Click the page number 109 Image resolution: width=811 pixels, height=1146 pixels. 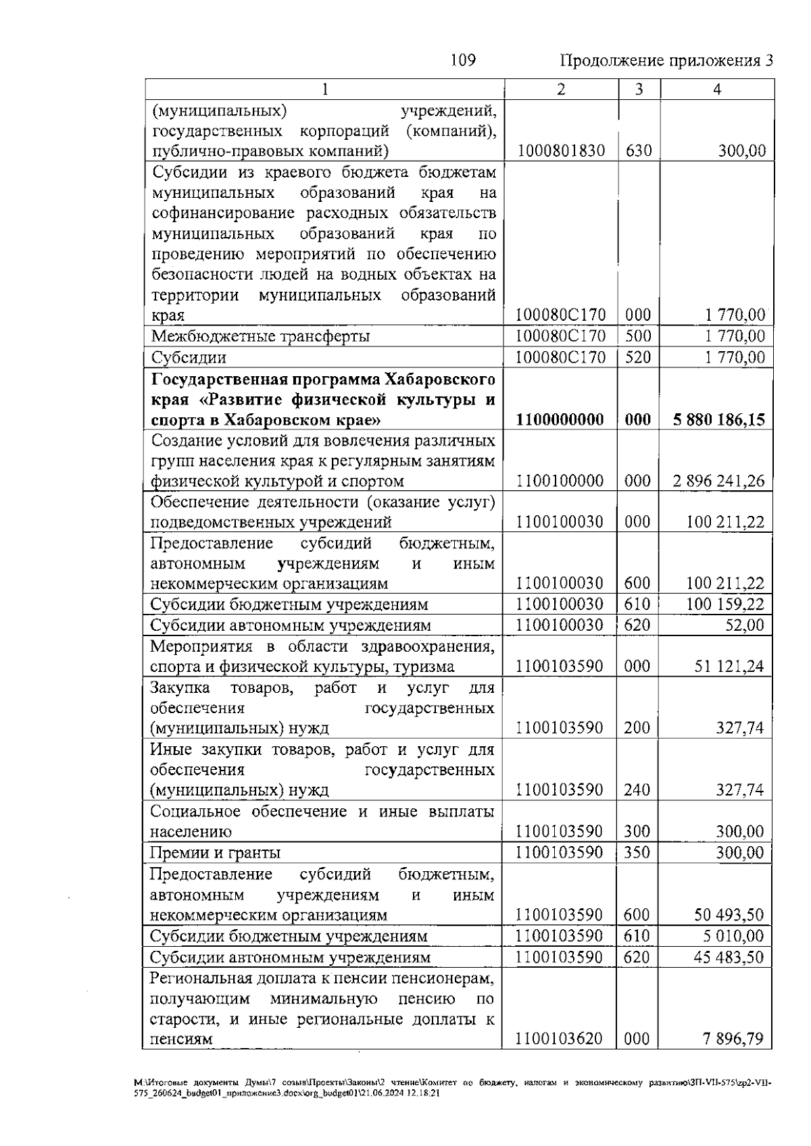[x=463, y=61]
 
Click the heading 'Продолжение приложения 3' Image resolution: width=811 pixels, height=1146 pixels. [x=666, y=61]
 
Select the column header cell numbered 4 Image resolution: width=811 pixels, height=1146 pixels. [x=716, y=89]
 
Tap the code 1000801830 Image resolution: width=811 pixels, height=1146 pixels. [x=560, y=151]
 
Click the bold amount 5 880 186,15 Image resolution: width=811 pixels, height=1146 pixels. [x=719, y=420]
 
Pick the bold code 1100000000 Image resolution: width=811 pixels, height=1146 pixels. [x=560, y=420]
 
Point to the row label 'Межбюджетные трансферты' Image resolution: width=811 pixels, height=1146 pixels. [x=260, y=336]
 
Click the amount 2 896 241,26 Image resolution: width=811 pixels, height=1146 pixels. [x=719, y=481]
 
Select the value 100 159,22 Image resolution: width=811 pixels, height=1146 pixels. [x=725, y=604]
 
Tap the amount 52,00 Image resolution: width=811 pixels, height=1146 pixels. [x=745, y=625]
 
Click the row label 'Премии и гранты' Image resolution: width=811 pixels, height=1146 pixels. [x=215, y=853]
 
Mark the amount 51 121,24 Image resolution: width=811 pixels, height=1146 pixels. [x=729, y=667]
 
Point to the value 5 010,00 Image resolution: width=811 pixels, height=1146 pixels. [x=734, y=937]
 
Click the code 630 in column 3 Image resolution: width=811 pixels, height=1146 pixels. [x=639, y=151]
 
